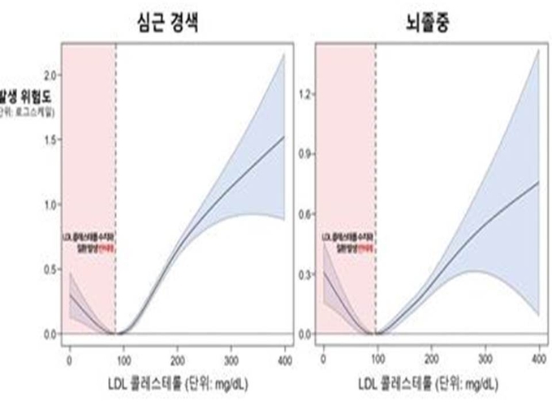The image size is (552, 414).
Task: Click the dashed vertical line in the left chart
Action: [x=116, y=162]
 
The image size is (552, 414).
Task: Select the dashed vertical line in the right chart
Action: [x=375, y=162]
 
